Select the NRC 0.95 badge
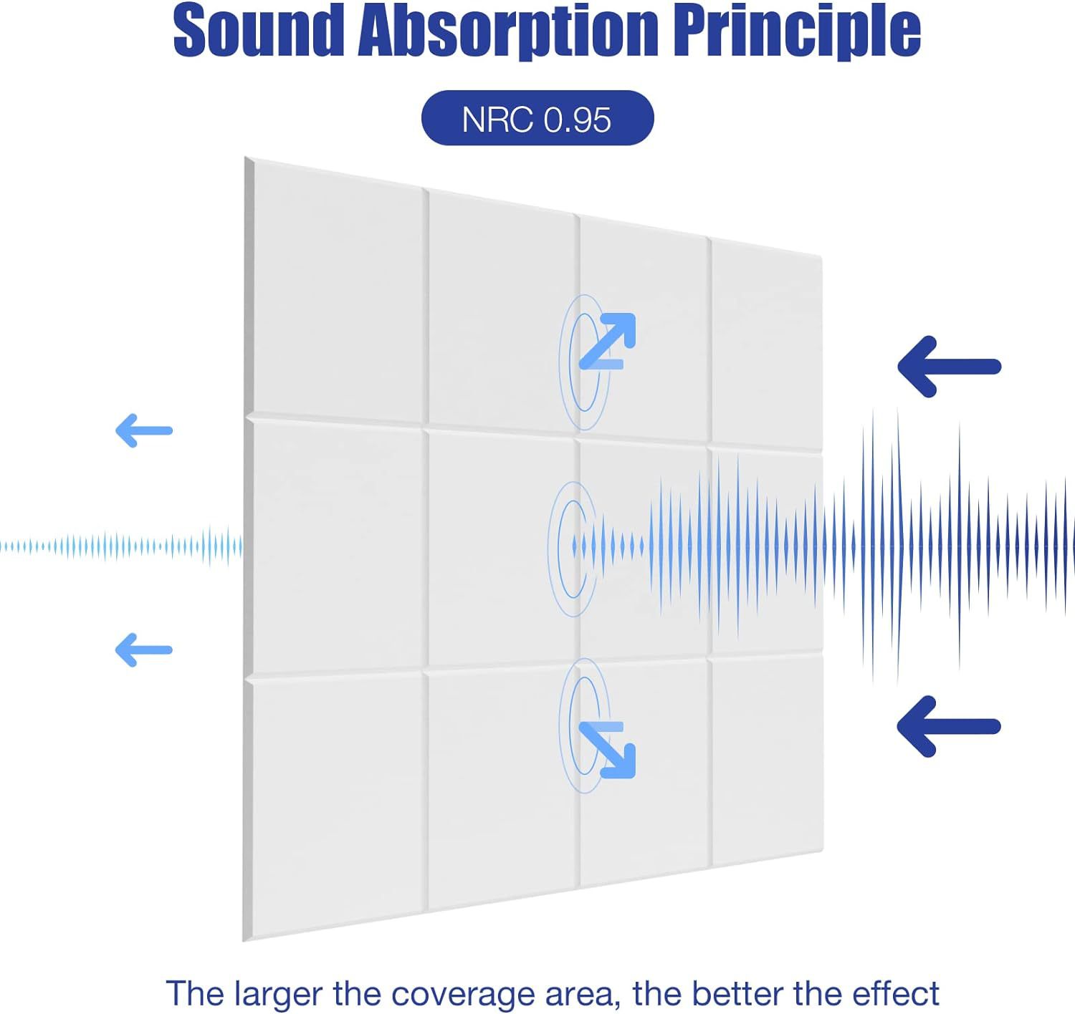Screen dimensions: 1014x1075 pyautogui.click(x=537, y=118)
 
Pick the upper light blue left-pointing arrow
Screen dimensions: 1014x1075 pyautogui.click(x=144, y=430)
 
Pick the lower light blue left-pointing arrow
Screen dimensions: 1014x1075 pyautogui.click(x=144, y=650)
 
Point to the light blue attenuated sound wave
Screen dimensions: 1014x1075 pyautogui.click(x=122, y=547)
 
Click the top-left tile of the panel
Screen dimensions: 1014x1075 pyautogui.click(x=337, y=294)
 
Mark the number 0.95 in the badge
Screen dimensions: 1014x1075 pyautogui.click(x=577, y=119)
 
